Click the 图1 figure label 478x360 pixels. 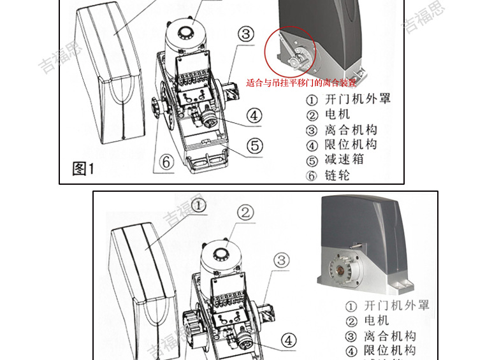point(83,168)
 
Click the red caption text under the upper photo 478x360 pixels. point(301,83)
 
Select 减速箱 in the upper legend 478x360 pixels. point(344,160)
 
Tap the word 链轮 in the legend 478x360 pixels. point(337,176)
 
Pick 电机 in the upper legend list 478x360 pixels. point(337,115)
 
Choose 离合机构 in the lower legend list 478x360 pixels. point(389,336)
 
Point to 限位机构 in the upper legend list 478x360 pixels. point(350,145)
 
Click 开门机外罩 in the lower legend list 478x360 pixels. point(396,306)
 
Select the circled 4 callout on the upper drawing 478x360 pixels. point(253,115)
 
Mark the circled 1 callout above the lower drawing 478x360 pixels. point(198,205)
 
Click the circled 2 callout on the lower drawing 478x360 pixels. point(246,213)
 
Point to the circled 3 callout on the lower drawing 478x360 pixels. point(282,260)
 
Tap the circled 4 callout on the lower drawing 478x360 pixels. point(289,340)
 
